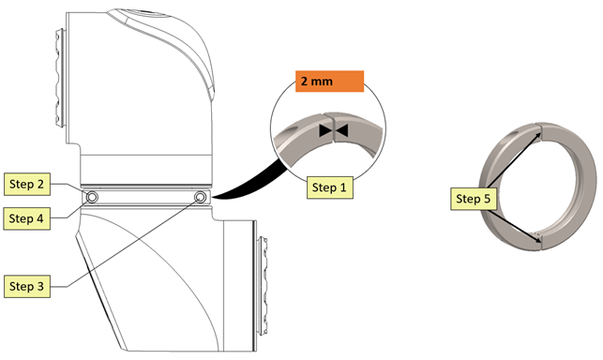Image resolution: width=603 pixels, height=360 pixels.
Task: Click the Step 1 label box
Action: pos(329,187)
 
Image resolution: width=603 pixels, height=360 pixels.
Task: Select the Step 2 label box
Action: pos(27,184)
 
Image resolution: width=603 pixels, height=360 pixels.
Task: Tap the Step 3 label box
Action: pos(27,286)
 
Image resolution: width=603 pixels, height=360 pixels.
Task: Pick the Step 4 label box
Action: pos(27,218)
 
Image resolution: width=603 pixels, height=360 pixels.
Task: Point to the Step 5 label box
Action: pos(474,199)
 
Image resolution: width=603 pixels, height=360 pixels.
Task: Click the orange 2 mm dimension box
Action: pos(329,82)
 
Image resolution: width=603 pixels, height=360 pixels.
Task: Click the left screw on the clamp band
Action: pos(92,197)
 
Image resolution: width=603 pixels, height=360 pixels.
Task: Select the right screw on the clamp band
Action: pos(200,197)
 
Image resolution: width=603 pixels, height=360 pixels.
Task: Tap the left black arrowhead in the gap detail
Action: pos(325,130)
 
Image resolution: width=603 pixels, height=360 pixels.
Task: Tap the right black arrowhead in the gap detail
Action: pos(342,130)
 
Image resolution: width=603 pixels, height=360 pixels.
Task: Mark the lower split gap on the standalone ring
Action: pos(541,241)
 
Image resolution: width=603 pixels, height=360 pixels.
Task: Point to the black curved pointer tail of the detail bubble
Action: pos(249,182)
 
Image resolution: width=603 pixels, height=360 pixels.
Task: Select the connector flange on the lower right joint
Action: pos(264,286)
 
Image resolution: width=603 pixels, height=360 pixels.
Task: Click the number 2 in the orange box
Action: pos(304,82)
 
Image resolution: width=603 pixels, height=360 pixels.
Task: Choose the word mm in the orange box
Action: pos(322,82)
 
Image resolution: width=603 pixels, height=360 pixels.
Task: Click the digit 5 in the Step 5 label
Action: pos(488,199)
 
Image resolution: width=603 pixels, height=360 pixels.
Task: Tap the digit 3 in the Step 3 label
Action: pos(40,286)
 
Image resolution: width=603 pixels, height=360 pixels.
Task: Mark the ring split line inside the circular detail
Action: pos(334,127)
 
